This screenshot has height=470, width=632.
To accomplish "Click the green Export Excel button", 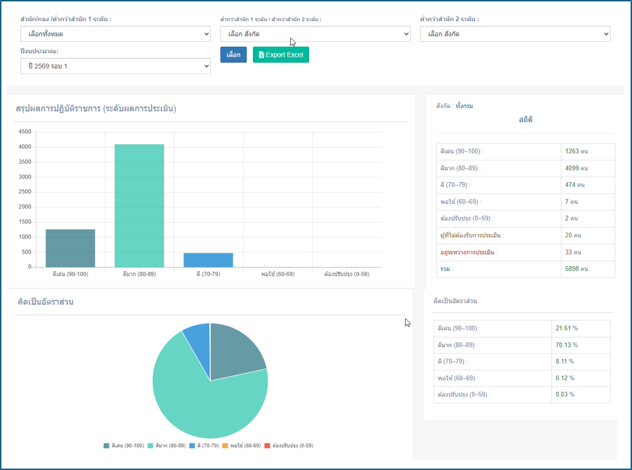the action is pyautogui.click(x=281, y=55).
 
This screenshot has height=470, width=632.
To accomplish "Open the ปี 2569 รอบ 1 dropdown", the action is pyautogui.click(x=116, y=66).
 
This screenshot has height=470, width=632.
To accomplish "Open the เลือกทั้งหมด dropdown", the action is pyautogui.click(x=116, y=34).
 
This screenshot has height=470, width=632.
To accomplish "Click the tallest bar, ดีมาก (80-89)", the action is pyautogui.click(x=139, y=205).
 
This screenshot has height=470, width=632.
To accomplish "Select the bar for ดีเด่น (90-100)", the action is pyautogui.click(x=71, y=248).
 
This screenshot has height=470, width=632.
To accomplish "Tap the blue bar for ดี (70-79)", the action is pyautogui.click(x=208, y=260).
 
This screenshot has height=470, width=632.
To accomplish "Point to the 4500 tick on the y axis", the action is pyautogui.click(x=25, y=132).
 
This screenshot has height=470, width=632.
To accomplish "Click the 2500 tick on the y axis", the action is pyautogui.click(x=25, y=191).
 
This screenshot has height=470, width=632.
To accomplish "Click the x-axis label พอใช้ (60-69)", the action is pyautogui.click(x=277, y=274).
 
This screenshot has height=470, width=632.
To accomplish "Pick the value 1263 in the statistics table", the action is pyautogui.click(x=572, y=151).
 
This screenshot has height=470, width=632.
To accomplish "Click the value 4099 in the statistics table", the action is pyautogui.click(x=572, y=168).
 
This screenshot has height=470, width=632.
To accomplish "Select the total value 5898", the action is pyautogui.click(x=572, y=268).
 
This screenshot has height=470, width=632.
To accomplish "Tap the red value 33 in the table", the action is pyautogui.click(x=568, y=252).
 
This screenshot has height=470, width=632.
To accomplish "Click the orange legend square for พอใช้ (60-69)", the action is pyautogui.click(x=226, y=445).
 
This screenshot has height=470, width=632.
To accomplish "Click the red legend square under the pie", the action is pyautogui.click(x=267, y=445).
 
